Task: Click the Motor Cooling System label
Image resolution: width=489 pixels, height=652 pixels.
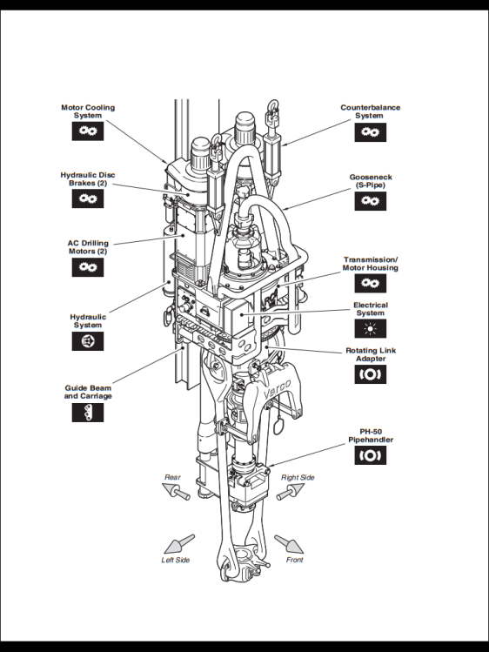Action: pyautogui.click(x=87, y=111)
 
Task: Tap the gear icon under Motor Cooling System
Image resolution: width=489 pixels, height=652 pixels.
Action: pyautogui.click(x=87, y=131)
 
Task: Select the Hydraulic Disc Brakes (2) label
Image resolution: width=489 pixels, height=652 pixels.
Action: pyautogui.click(x=89, y=178)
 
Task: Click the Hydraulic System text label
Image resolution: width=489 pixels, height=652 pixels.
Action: pyautogui.click(x=87, y=321)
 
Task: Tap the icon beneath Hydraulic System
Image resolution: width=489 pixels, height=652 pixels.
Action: pyautogui.click(x=87, y=342)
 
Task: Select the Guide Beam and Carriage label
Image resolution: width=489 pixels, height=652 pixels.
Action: pyautogui.click(x=88, y=392)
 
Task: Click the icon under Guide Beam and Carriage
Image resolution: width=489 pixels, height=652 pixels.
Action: pyautogui.click(x=87, y=413)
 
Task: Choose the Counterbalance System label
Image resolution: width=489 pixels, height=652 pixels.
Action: pyautogui.click(x=370, y=111)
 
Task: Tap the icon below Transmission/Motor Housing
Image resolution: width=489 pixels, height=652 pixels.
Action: pyautogui.click(x=370, y=284)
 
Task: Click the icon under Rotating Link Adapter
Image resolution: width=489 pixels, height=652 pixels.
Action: pyautogui.click(x=370, y=375)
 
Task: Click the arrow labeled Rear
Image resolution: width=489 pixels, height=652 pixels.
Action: pyautogui.click(x=179, y=494)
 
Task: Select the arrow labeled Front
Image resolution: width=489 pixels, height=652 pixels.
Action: pyautogui.click(x=289, y=544)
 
